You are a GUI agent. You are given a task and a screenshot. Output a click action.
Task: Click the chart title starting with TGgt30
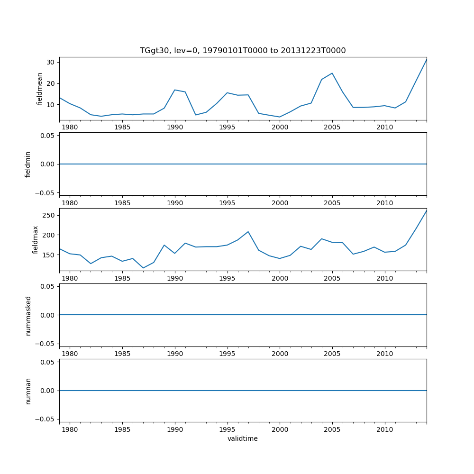(243, 50)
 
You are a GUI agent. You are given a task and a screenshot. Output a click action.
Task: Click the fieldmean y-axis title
(40, 89)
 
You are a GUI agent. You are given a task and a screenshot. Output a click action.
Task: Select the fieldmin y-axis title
(28, 164)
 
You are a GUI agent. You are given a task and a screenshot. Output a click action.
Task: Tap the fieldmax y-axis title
(35, 239)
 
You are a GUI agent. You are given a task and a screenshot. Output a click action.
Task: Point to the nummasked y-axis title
(28, 315)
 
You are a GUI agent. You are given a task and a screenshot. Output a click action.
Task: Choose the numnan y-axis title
(28, 391)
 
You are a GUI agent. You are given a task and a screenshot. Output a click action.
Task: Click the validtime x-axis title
(243, 439)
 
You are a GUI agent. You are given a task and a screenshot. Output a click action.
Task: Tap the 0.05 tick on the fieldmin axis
(46, 136)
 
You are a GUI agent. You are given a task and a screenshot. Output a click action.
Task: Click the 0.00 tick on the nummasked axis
(46, 315)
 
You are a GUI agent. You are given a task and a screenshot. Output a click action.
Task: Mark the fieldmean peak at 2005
(332, 73)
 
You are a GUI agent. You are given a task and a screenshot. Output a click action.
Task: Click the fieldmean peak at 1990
(175, 90)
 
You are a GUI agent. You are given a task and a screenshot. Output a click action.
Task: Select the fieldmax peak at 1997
(248, 232)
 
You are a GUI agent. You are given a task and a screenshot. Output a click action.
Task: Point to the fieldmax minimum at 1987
(143, 268)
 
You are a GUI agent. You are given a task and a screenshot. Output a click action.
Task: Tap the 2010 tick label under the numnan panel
(385, 429)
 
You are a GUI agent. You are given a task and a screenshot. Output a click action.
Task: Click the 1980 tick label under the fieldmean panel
(70, 128)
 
